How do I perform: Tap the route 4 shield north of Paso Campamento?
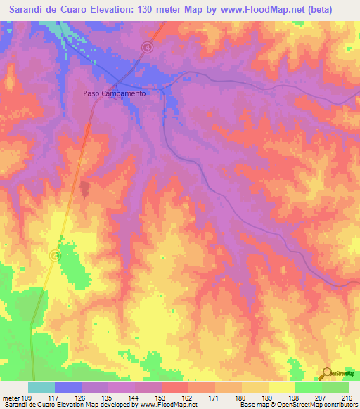(x=147, y=47)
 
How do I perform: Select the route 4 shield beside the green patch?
(x=56, y=256)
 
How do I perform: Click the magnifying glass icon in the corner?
(x=326, y=373)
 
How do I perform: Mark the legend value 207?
(x=321, y=397)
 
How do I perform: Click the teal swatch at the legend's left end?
(x=41, y=387)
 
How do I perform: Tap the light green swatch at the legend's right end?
(x=335, y=387)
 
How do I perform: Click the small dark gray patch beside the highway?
(x=84, y=189)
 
